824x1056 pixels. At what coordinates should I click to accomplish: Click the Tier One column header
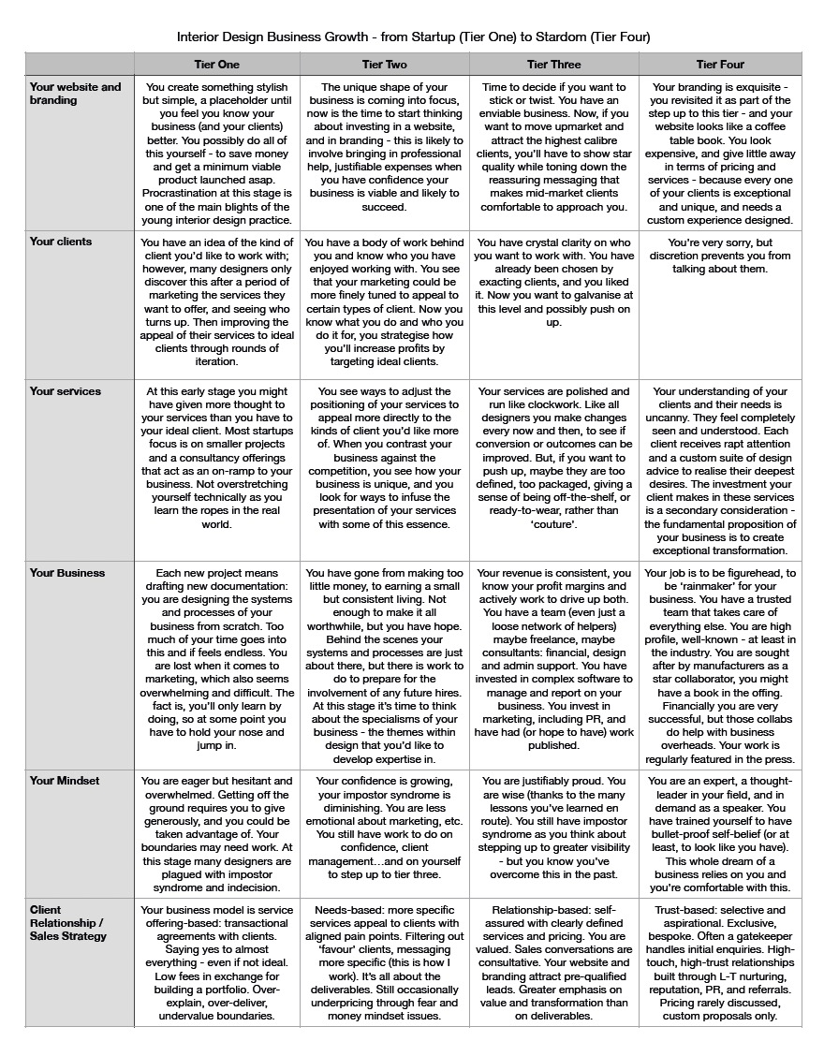click(216, 65)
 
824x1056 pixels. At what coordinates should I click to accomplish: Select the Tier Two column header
click(384, 65)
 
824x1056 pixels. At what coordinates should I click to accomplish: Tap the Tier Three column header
click(553, 65)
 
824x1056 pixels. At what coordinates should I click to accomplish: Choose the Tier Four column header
click(721, 65)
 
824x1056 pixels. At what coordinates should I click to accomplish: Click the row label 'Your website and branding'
click(75, 94)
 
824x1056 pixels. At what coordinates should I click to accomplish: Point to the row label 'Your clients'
click(61, 242)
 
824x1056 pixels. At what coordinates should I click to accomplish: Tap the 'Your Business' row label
click(67, 573)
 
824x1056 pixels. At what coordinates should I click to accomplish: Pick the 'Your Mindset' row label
click(65, 781)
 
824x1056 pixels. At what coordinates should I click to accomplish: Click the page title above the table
click(413, 37)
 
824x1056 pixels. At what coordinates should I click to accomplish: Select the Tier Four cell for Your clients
click(721, 256)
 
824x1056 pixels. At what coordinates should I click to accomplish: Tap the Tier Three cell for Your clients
click(553, 282)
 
